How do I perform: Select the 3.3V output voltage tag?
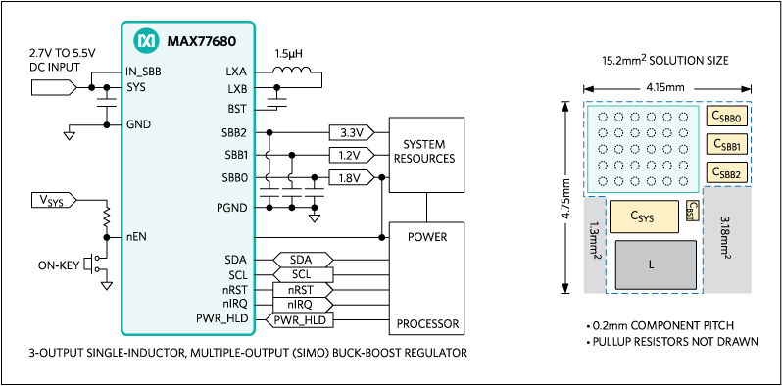pos(351,132)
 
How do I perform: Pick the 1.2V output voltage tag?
pos(351,155)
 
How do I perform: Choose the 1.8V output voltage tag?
pos(351,178)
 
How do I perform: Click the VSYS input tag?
pos(54,201)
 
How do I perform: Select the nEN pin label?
pos(136,237)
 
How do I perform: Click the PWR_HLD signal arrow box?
pos(300,318)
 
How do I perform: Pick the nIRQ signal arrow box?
pos(300,304)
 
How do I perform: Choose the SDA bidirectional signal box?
pos(300,259)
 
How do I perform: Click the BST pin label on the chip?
pos(237,110)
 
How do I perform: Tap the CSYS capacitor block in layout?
pos(641,216)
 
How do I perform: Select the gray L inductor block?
pos(651,264)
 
